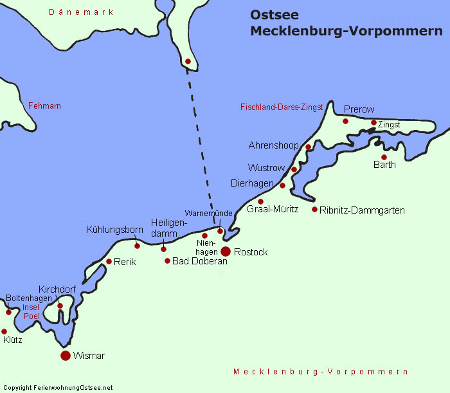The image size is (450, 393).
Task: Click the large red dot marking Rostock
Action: [226, 251]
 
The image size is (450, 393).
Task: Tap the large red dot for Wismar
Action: [65, 355]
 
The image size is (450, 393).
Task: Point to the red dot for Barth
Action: [384, 157]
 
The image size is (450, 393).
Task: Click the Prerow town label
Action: [359, 109]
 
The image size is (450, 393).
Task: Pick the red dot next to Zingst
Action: [373, 122]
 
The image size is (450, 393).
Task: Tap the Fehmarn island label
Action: [44, 105]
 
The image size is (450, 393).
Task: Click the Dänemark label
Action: [81, 12]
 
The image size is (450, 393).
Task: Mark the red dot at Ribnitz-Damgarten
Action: [314, 209]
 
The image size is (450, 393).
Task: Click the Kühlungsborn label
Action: [114, 230]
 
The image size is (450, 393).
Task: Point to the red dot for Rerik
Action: [109, 261]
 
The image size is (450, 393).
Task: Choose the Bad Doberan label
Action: [200, 262]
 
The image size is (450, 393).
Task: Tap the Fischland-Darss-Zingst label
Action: [281, 107]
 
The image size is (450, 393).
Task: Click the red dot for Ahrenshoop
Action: [308, 147]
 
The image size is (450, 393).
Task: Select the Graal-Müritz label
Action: [273, 210]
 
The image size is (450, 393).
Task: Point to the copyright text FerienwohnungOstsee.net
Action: [57, 388]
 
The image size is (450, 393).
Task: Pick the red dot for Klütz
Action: [4, 331]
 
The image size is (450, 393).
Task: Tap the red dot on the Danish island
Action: [188, 61]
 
